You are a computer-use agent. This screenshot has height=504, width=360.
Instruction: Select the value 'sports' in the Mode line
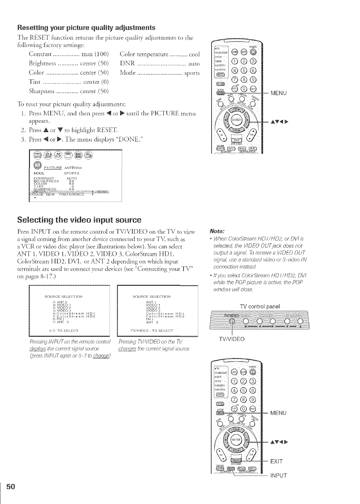point(192,73)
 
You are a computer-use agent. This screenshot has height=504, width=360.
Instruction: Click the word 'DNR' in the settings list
point(126,63)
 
